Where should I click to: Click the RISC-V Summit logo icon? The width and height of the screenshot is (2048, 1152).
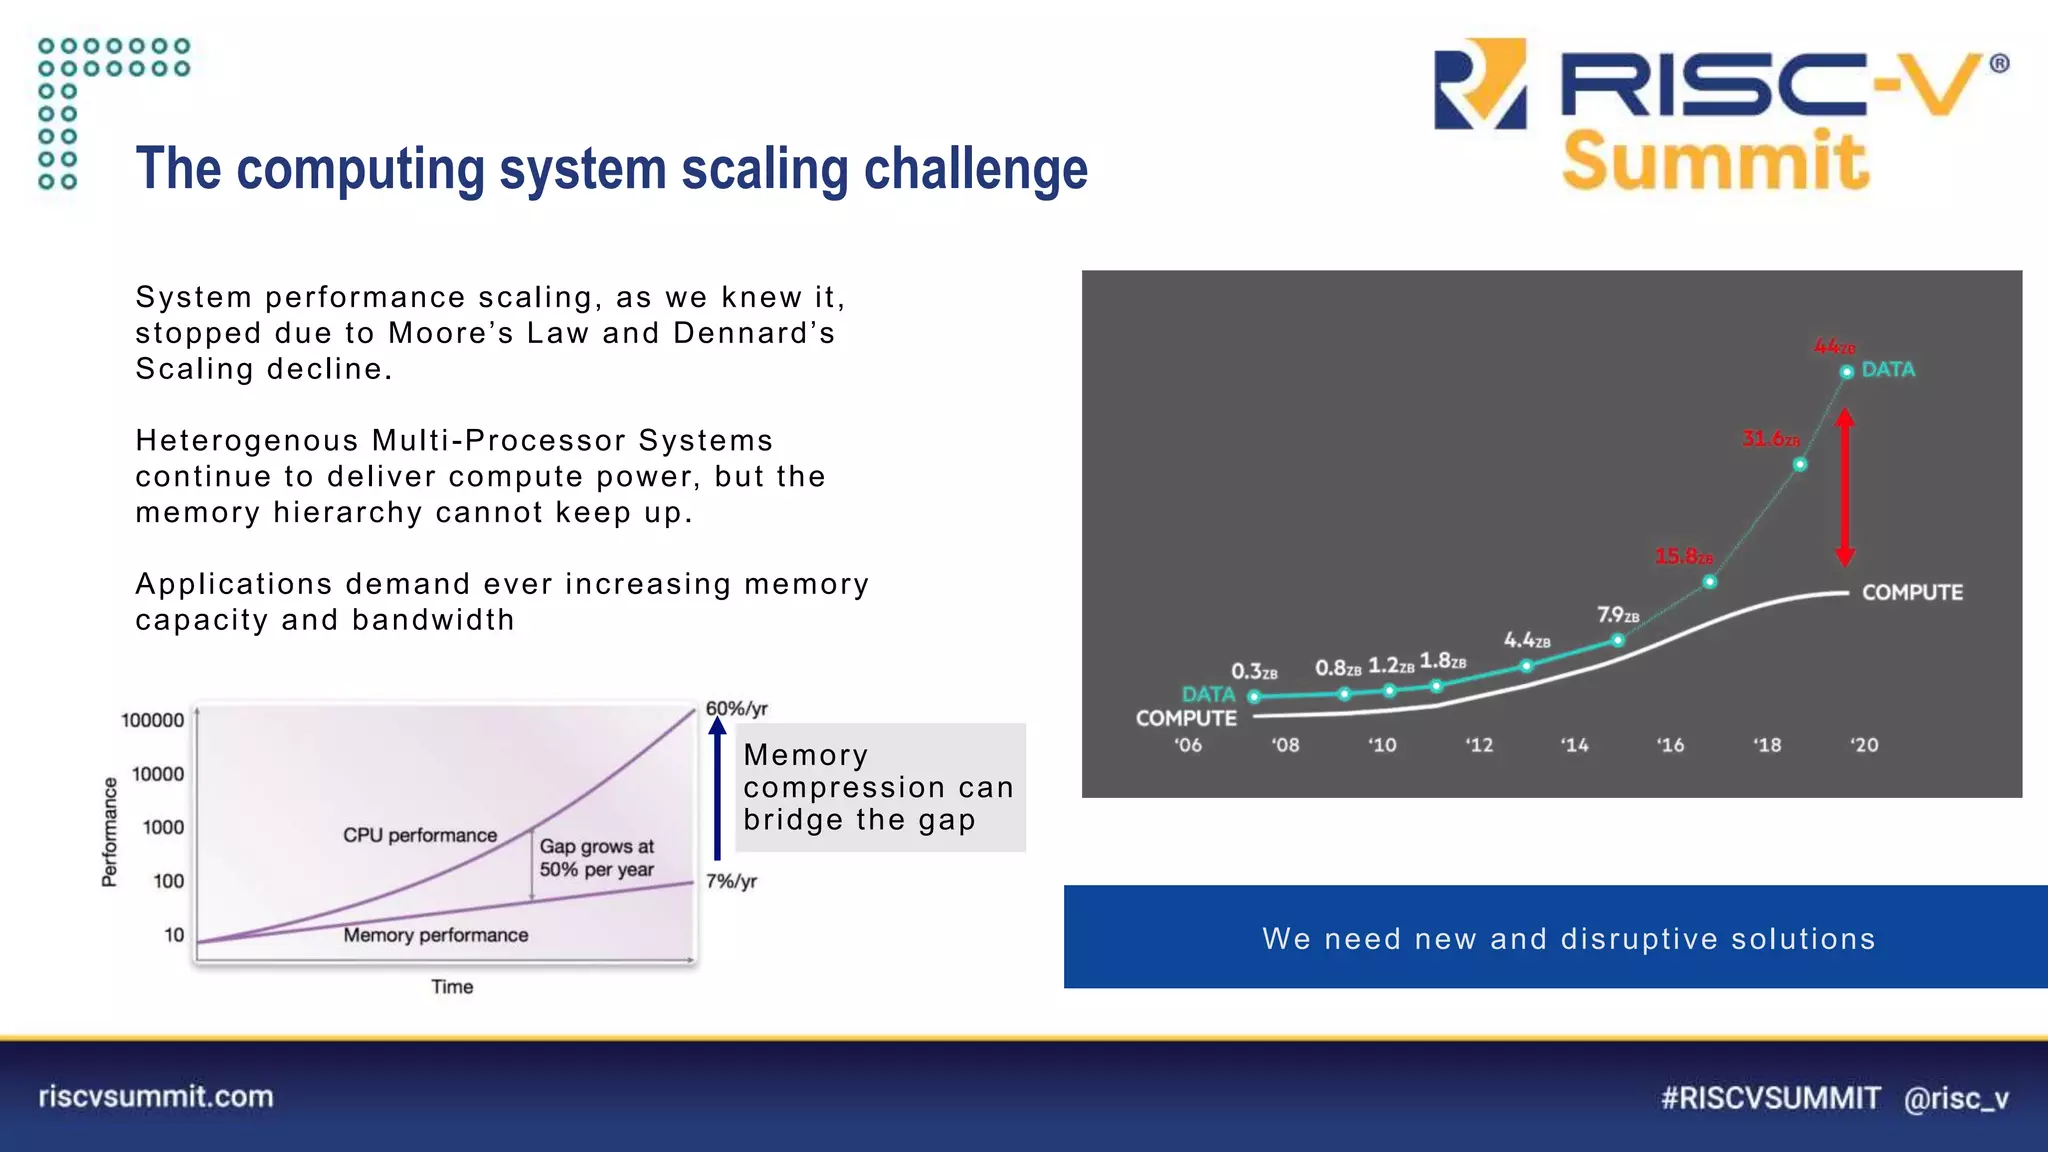point(1480,85)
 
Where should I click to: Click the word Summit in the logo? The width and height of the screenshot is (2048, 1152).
point(1715,161)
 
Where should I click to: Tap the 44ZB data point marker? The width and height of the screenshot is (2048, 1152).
point(1846,372)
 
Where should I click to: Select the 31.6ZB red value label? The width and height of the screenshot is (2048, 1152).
point(1770,439)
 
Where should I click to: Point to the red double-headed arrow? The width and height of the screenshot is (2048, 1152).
point(1845,488)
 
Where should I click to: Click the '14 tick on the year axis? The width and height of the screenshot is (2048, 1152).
point(1574,745)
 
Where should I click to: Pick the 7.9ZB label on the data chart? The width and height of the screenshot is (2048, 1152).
point(1617,615)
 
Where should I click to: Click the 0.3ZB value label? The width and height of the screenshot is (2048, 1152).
point(1253,671)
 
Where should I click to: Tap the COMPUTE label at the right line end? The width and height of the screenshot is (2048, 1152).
point(1911,592)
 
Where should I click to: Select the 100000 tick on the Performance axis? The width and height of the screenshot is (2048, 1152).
point(153,720)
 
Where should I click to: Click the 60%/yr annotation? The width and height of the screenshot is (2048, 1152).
point(736,709)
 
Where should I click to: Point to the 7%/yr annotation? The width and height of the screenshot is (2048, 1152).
point(731,881)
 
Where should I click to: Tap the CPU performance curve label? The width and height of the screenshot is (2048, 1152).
point(419,835)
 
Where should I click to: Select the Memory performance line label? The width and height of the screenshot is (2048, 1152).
point(435,935)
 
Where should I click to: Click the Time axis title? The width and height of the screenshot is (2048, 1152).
point(452,987)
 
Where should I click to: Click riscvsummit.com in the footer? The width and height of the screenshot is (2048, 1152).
point(156,1096)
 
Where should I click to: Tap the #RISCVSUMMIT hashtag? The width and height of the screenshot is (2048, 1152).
point(1770,1098)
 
